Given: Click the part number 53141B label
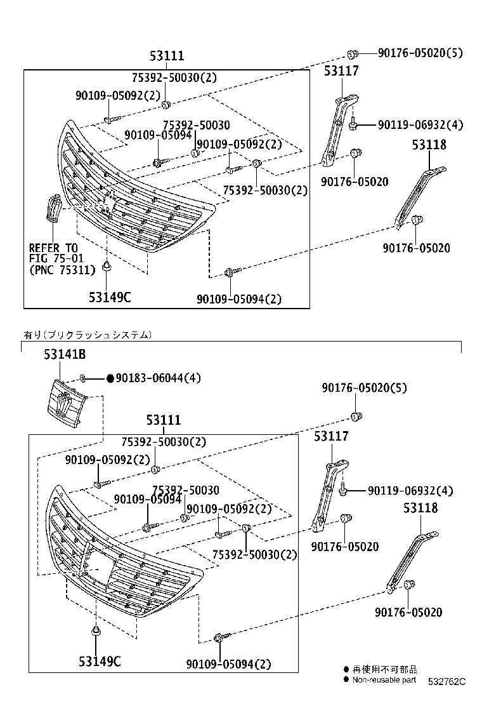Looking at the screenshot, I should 65,356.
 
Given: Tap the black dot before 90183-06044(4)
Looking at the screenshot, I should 110,378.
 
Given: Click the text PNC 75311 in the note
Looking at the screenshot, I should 63,270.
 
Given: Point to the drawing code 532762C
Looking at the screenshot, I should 446,682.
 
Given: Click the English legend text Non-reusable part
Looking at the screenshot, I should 384,680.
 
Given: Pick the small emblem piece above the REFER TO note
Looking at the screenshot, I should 53,210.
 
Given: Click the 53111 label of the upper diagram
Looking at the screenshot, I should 167,57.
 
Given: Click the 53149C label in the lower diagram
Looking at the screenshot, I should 100,662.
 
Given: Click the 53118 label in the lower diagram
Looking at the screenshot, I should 420,509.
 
